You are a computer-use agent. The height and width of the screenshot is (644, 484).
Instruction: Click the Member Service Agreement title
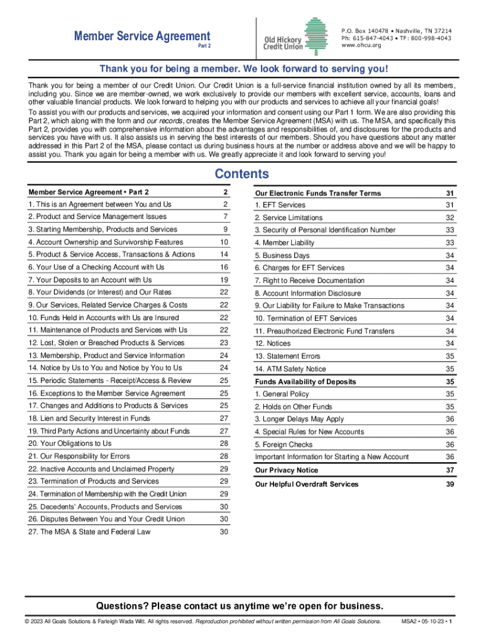(x=142, y=36)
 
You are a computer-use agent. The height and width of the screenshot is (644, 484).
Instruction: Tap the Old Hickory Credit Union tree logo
(x=316, y=35)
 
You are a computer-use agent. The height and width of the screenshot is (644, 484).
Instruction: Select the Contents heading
(x=241, y=174)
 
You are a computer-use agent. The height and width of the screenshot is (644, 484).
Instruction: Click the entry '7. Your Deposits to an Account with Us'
(x=90, y=280)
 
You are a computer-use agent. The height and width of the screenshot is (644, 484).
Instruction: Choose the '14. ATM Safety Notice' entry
(x=290, y=369)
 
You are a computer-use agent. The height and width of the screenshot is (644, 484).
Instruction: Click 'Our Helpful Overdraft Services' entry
(x=307, y=484)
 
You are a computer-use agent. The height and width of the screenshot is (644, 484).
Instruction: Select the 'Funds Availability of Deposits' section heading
(x=305, y=382)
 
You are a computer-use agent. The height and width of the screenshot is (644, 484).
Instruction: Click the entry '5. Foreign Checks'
(x=283, y=445)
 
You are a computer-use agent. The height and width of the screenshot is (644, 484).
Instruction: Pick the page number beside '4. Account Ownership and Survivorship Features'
(x=224, y=242)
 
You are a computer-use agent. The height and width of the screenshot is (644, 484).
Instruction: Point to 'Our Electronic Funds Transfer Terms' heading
(x=318, y=193)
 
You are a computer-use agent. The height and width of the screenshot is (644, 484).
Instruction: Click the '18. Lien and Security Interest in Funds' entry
(x=89, y=418)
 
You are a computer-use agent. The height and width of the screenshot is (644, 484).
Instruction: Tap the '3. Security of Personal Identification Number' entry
(x=325, y=230)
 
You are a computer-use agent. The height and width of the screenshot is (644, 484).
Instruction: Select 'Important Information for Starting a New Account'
(x=332, y=457)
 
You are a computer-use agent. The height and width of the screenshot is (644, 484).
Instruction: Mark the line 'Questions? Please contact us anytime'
(x=239, y=606)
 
